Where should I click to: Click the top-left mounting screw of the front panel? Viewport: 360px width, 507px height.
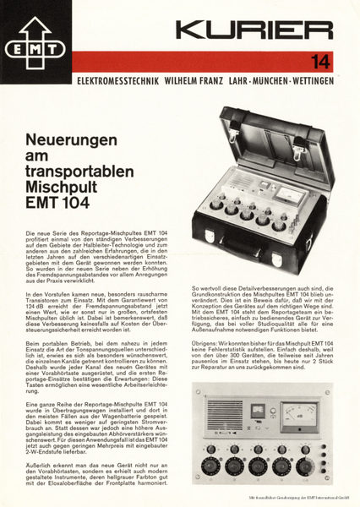point(198,391)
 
